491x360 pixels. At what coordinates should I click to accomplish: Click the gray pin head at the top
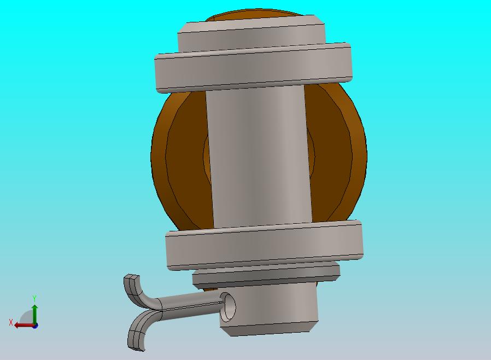point(252,35)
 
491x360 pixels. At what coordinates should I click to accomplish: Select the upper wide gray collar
point(254,67)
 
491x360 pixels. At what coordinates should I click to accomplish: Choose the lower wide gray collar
point(265,245)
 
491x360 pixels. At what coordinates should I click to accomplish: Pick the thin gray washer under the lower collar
point(266,276)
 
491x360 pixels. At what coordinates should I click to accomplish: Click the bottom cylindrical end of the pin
point(270,309)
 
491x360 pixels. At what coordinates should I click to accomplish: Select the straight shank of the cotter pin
point(191,307)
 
